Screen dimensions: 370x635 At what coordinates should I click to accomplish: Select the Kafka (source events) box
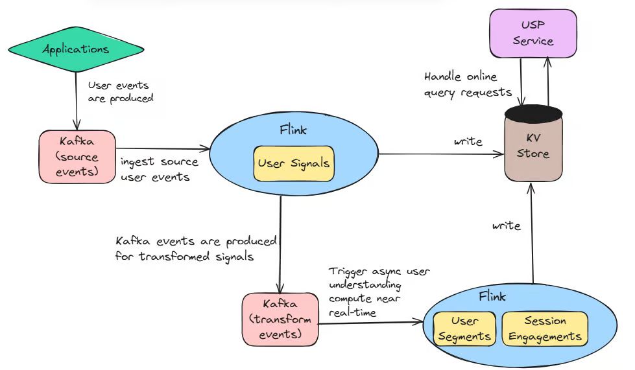(x=77, y=156)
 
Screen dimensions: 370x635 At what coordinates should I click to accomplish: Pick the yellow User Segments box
(x=464, y=329)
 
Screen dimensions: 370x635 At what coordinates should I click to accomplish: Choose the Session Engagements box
(x=545, y=329)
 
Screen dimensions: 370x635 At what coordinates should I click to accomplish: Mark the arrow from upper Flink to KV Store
(x=441, y=154)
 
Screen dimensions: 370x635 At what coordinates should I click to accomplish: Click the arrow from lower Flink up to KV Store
(x=533, y=233)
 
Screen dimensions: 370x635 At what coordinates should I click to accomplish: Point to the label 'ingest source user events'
(x=160, y=170)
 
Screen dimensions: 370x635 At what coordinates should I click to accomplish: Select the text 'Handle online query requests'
(x=468, y=84)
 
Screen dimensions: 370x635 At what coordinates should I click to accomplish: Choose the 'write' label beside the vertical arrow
(x=506, y=226)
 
